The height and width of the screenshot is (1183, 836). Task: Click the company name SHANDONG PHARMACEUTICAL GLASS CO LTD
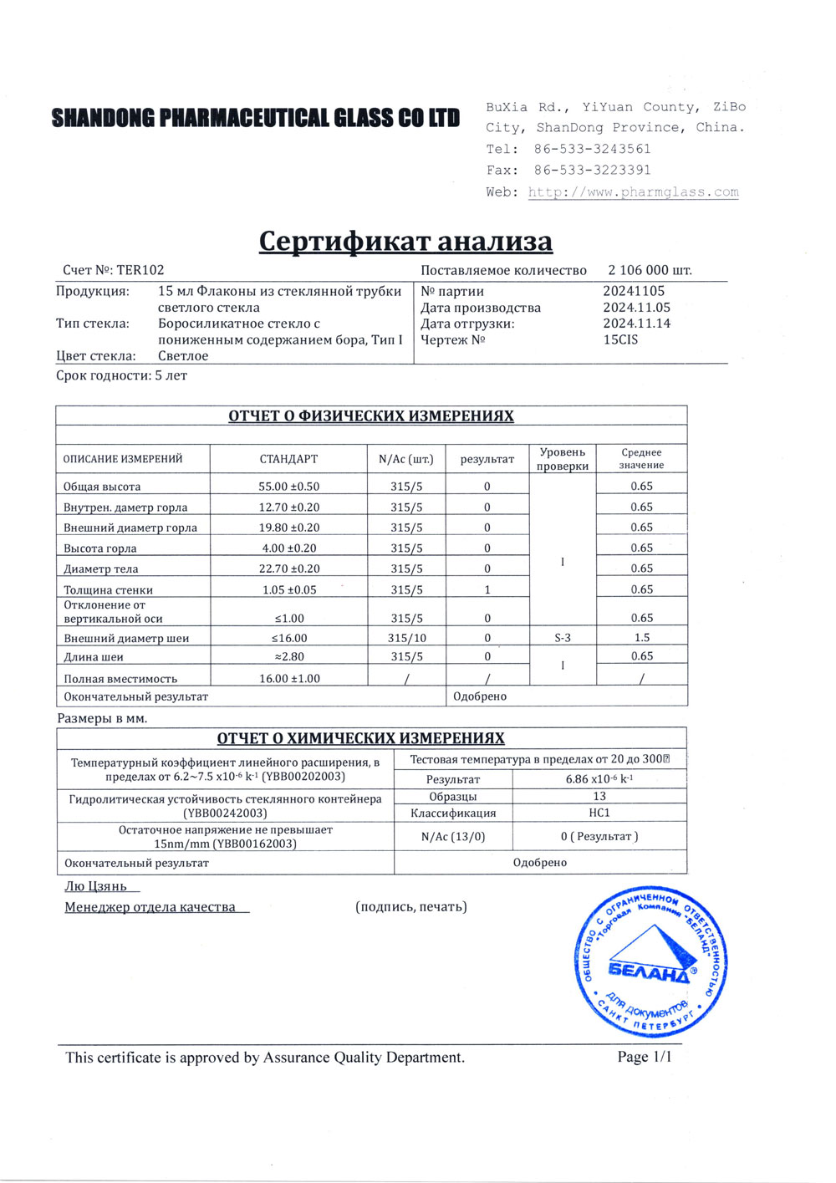pyautogui.click(x=255, y=118)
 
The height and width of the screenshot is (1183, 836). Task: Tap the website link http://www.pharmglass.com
pyautogui.click(x=633, y=192)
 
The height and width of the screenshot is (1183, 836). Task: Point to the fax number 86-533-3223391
pyautogui.click(x=592, y=170)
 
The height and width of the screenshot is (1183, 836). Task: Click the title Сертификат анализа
pyautogui.click(x=405, y=241)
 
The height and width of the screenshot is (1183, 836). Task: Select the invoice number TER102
pyautogui.click(x=140, y=270)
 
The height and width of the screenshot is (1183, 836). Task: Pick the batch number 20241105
pyautogui.click(x=634, y=291)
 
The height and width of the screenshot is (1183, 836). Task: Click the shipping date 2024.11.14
pyautogui.click(x=636, y=324)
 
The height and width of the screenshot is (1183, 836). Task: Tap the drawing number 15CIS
pyautogui.click(x=620, y=339)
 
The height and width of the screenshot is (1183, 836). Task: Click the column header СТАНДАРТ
pyautogui.click(x=288, y=459)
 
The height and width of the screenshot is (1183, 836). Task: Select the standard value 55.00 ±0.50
pyautogui.click(x=288, y=487)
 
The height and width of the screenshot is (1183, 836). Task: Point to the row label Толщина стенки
pyautogui.click(x=108, y=589)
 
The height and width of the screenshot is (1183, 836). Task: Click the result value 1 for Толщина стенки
pyautogui.click(x=487, y=589)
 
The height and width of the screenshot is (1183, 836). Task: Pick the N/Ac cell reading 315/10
pyautogui.click(x=406, y=638)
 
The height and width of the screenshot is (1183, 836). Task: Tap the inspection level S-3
pyautogui.click(x=563, y=638)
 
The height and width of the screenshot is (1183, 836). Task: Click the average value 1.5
pyautogui.click(x=641, y=637)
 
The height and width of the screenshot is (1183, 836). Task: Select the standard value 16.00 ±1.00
pyautogui.click(x=289, y=679)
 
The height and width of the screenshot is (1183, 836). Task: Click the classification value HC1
pyautogui.click(x=599, y=813)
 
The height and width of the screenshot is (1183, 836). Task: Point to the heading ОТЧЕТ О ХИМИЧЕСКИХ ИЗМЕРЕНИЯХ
pyautogui.click(x=360, y=738)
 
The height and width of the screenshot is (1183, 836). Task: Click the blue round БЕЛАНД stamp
pyautogui.click(x=650, y=965)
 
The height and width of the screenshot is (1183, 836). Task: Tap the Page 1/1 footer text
pyautogui.click(x=644, y=1057)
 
